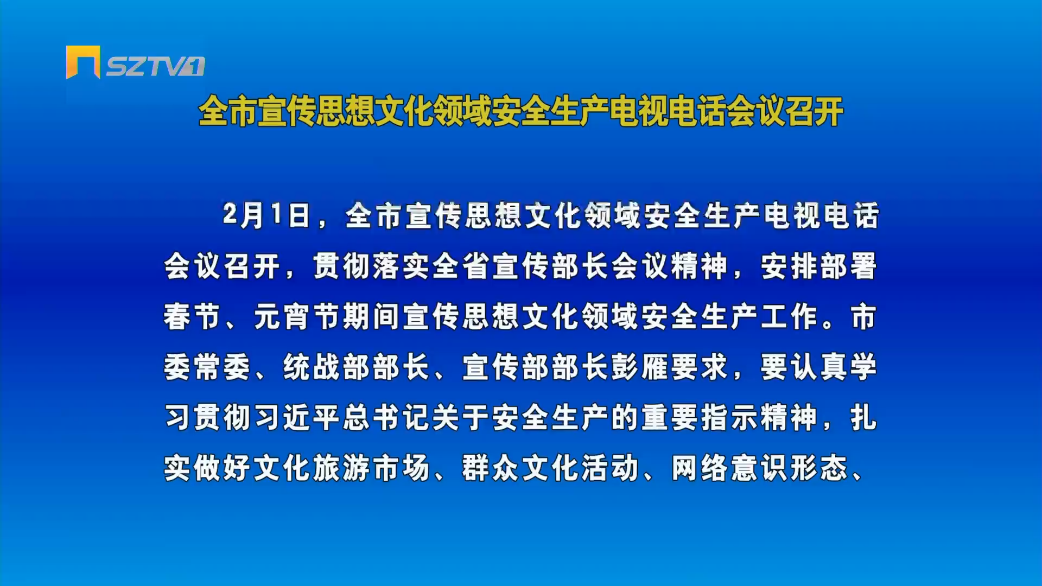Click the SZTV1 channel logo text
tap(155, 66)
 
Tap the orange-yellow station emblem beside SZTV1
tap(83, 62)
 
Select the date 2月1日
tap(266, 215)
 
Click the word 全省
tap(462, 266)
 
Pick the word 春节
tap(193, 316)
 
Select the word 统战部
tap(327, 367)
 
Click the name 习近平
tap(297, 417)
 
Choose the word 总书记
tap(387, 417)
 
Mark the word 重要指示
tap(700, 417)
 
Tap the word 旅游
tap(342, 468)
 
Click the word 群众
tap(492, 468)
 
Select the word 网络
tap(701, 468)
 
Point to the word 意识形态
tap(790, 468)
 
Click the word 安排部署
tap(819, 266)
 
